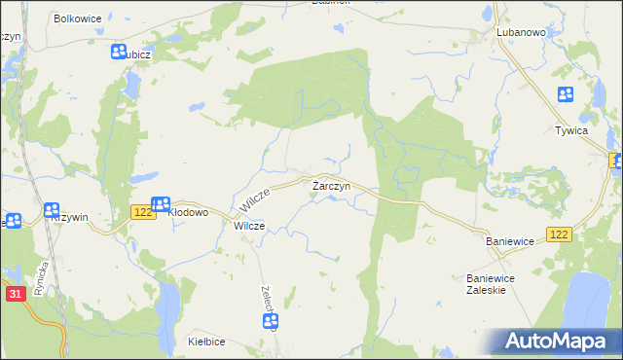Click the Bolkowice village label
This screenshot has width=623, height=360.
79,18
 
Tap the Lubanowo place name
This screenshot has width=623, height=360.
520,32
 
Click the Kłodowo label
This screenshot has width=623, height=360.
189,211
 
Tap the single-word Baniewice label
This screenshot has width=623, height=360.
512,239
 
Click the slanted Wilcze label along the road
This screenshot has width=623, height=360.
253,202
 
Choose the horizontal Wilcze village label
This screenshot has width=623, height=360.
249,226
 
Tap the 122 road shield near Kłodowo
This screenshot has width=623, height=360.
142,212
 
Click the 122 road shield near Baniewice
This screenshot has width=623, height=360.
559,235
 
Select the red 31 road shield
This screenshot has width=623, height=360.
15,294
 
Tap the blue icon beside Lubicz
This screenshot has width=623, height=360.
119,53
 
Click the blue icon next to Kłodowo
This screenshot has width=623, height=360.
162,204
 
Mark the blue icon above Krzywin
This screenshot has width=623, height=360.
52,208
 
